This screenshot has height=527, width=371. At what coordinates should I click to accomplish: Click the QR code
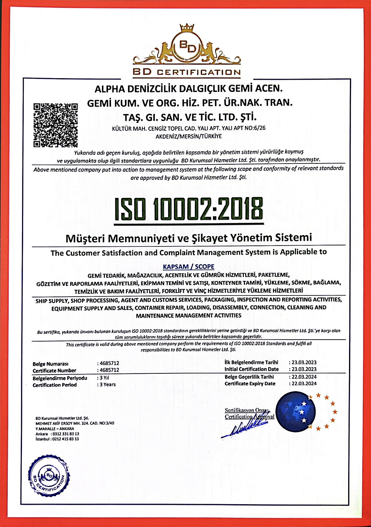click(x=55, y=125)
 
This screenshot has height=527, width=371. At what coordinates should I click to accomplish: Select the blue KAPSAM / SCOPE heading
click(x=189, y=266)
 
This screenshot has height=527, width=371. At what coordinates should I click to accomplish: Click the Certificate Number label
click(x=54, y=371)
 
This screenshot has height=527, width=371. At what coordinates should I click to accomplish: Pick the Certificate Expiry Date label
click(x=250, y=384)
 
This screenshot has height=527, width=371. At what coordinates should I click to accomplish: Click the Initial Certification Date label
click(x=251, y=369)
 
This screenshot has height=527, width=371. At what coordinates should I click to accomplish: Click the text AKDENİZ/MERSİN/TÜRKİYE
click(x=188, y=136)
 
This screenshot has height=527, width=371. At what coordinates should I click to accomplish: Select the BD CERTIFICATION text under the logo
click(x=187, y=72)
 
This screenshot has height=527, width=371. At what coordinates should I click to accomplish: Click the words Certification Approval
click(x=249, y=416)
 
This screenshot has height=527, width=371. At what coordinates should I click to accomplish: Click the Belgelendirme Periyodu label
click(x=60, y=378)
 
